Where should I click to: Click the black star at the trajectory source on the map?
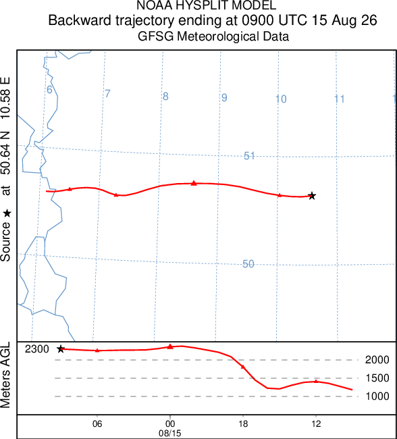click(312, 196)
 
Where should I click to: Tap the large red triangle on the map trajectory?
click(194, 183)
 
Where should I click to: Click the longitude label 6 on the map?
click(49, 90)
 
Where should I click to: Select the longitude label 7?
click(107, 93)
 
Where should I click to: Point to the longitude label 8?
click(165, 97)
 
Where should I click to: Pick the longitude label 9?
click(224, 98)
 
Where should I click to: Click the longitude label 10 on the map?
click(281, 99)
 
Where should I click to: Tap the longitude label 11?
click(340, 99)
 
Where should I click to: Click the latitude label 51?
click(249, 156)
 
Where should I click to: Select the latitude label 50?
click(248, 264)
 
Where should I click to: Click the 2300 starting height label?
click(37, 349)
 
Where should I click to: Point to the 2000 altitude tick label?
click(377, 360)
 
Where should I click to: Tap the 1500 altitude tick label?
click(377, 378)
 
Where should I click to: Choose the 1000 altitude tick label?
click(377, 396)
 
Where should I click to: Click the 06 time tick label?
click(97, 424)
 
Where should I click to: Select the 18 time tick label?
click(243, 424)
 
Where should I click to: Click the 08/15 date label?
click(170, 434)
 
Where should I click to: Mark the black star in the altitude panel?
click(61, 349)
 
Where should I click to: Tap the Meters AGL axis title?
click(5, 375)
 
